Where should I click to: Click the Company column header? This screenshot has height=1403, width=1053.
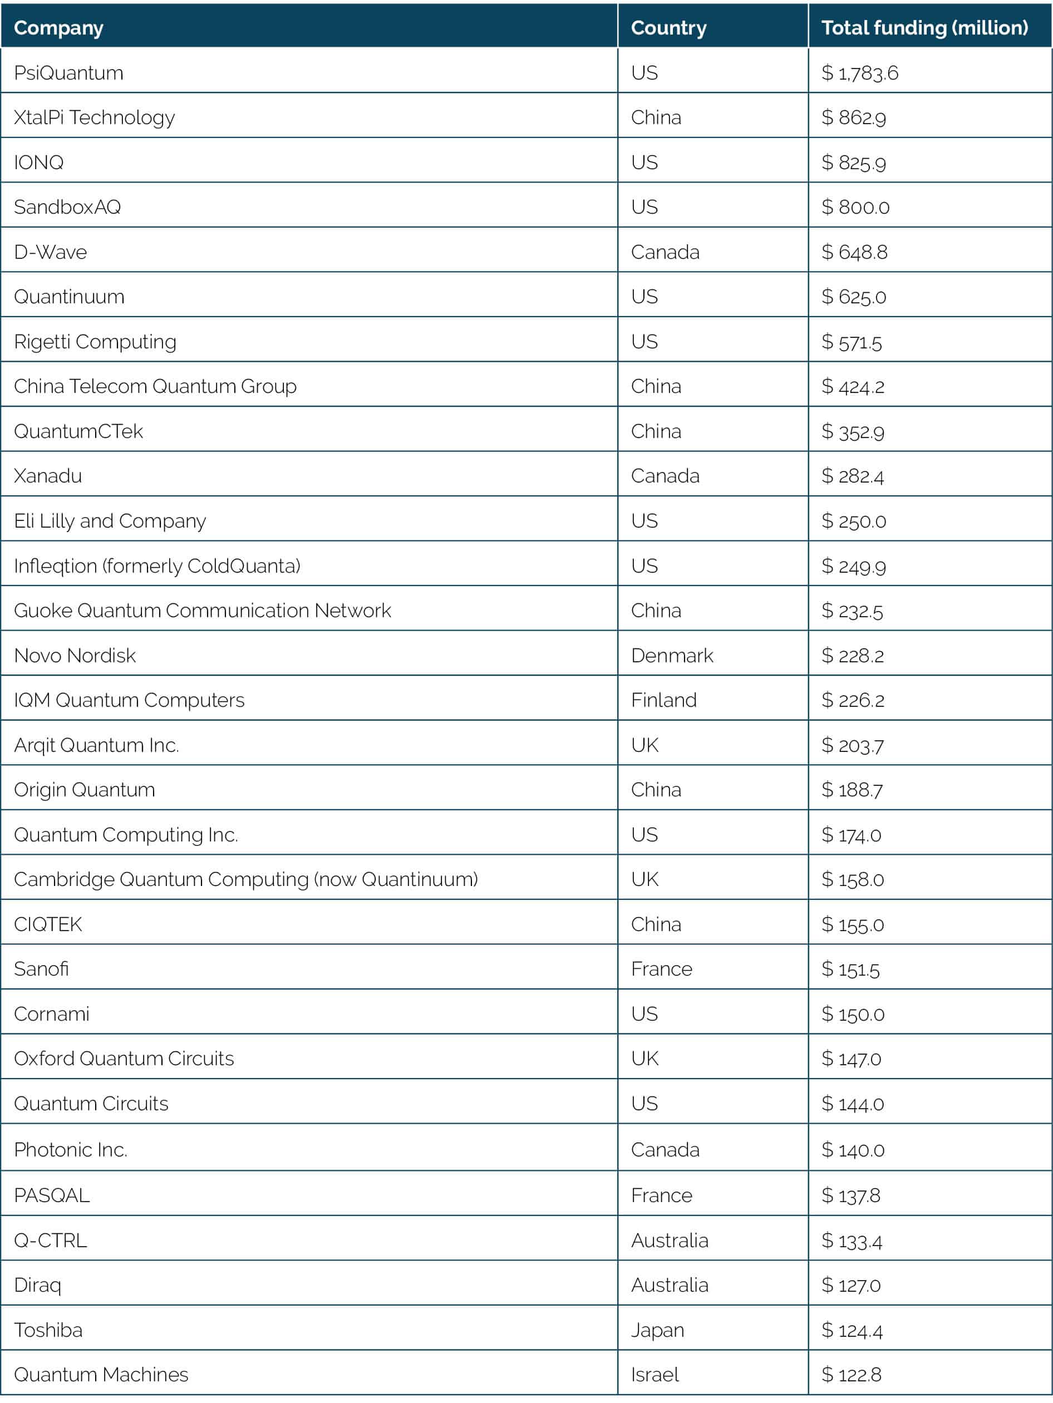[58, 28]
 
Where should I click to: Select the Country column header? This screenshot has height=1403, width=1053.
[668, 28]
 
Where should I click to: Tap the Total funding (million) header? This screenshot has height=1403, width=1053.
[924, 28]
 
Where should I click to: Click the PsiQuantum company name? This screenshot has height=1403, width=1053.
[68, 73]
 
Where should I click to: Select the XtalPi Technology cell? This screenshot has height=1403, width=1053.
[94, 117]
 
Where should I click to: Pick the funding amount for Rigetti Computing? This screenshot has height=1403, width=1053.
[852, 342]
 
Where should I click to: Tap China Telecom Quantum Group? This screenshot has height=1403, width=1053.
[155, 386]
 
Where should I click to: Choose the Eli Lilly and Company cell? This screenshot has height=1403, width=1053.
[110, 521]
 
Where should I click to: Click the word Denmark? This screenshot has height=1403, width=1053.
[672, 655]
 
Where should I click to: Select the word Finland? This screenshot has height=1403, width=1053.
[663, 700]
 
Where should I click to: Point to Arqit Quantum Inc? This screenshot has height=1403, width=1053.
[96, 745]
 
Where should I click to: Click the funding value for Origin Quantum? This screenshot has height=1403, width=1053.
[852, 790]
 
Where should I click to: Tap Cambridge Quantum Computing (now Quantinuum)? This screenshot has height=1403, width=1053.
[245, 880]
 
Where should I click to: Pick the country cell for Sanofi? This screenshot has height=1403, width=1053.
[661, 969]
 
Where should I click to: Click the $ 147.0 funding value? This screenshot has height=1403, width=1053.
[852, 1059]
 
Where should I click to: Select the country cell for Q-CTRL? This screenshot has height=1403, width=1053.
[669, 1240]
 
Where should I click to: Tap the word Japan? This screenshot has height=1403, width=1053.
[657, 1330]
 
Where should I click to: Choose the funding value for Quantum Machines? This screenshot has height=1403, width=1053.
[852, 1375]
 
